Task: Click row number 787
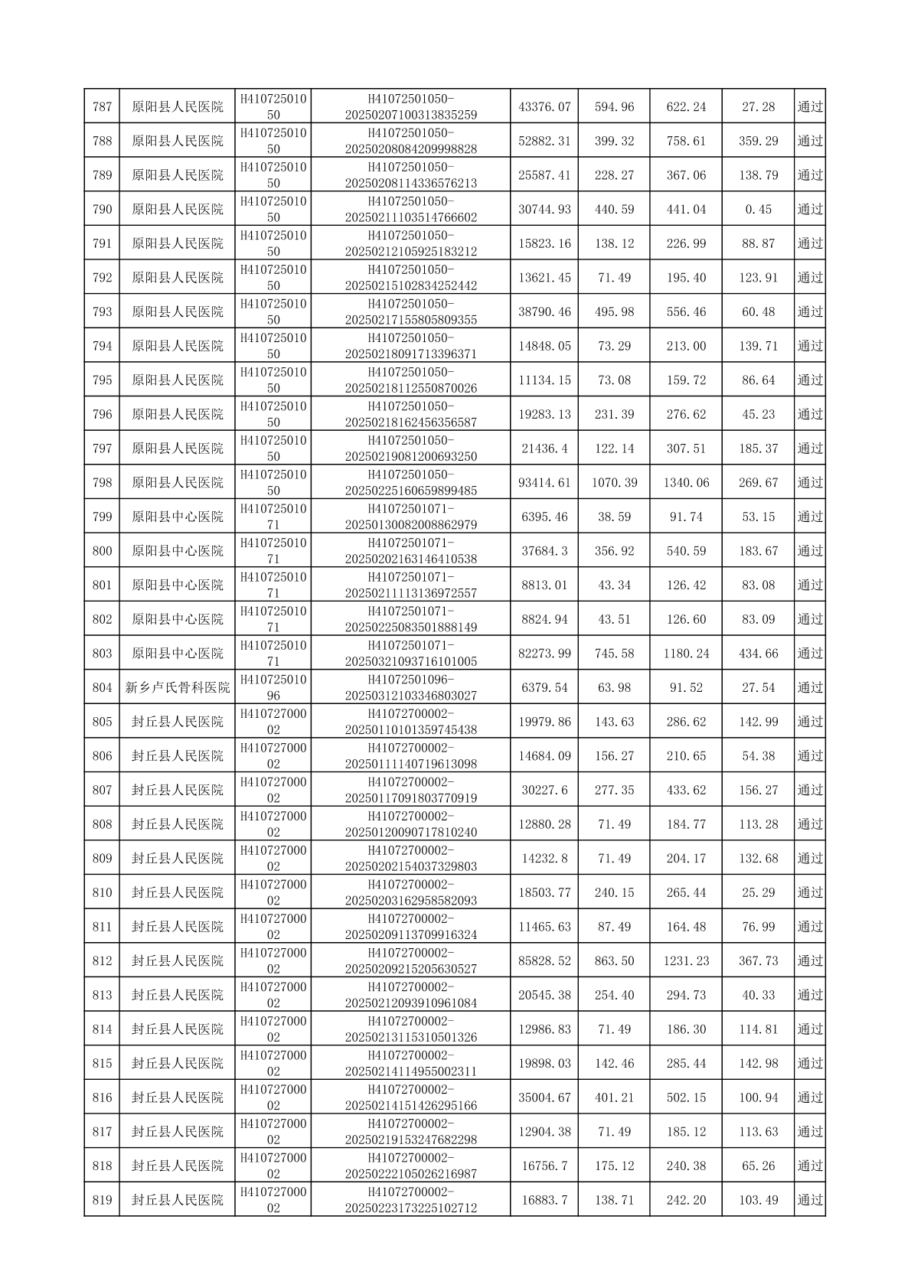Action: [x=102, y=106]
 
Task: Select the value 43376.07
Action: [x=544, y=106]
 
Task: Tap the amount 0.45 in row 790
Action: [x=758, y=209]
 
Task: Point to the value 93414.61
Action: [x=544, y=482]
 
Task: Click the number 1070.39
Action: [x=614, y=482]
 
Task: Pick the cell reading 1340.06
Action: [x=686, y=482]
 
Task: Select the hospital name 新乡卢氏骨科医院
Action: [x=178, y=687]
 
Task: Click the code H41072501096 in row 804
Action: [x=273, y=687]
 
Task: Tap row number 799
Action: [x=102, y=517]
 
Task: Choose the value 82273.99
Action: [x=544, y=653]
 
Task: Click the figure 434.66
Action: [x=758, y=653]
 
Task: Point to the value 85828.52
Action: [x=544, y=960]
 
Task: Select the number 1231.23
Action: [x=686, y=960]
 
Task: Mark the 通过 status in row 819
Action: [x=810, y=1200]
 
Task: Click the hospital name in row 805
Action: [x=178, y=722]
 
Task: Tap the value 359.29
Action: [x=758, y=141]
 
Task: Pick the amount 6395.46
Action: [x=544, y=517]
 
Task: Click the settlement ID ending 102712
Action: [x=411, y=1200]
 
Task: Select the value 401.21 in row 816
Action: [x=614, y=1097]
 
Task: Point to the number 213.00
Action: [x=686, y=346]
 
